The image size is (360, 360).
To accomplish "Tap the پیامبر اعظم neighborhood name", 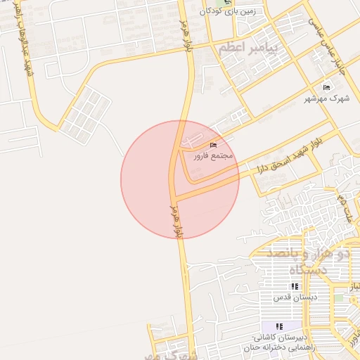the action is [x=249, y=49].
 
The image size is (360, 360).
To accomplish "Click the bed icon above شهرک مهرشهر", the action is [x=325, y=87].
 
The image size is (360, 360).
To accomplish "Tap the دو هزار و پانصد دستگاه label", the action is [x=310, y=259].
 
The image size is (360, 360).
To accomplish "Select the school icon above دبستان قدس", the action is [x=295, y=287].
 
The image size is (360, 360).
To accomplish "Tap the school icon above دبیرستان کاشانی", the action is [x=279, y=326].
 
